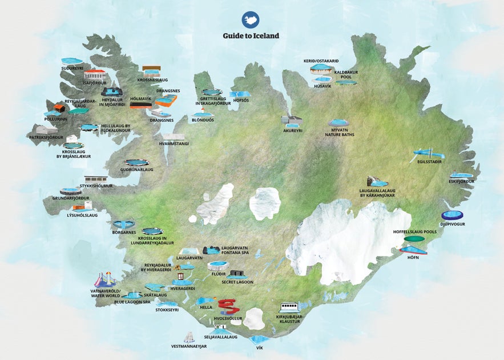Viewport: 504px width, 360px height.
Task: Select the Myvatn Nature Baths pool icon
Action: (338, 123)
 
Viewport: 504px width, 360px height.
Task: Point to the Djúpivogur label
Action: (453, 225)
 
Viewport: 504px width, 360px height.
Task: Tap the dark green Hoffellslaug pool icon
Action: (414, 239)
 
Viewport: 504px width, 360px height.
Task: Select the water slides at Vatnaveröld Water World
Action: (104, 280)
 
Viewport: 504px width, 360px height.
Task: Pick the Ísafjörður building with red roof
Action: (95, 75)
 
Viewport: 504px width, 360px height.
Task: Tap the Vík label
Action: (260, 347)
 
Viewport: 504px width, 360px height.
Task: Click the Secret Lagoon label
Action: (237, 282)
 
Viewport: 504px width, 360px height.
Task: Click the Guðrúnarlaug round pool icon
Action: (137, 163)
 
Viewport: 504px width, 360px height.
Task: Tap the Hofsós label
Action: (240, 101)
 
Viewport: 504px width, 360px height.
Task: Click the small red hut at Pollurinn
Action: (59, 107)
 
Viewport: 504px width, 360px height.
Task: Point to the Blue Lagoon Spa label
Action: (132, 302)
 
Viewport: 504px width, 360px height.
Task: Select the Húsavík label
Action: (322, 86)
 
